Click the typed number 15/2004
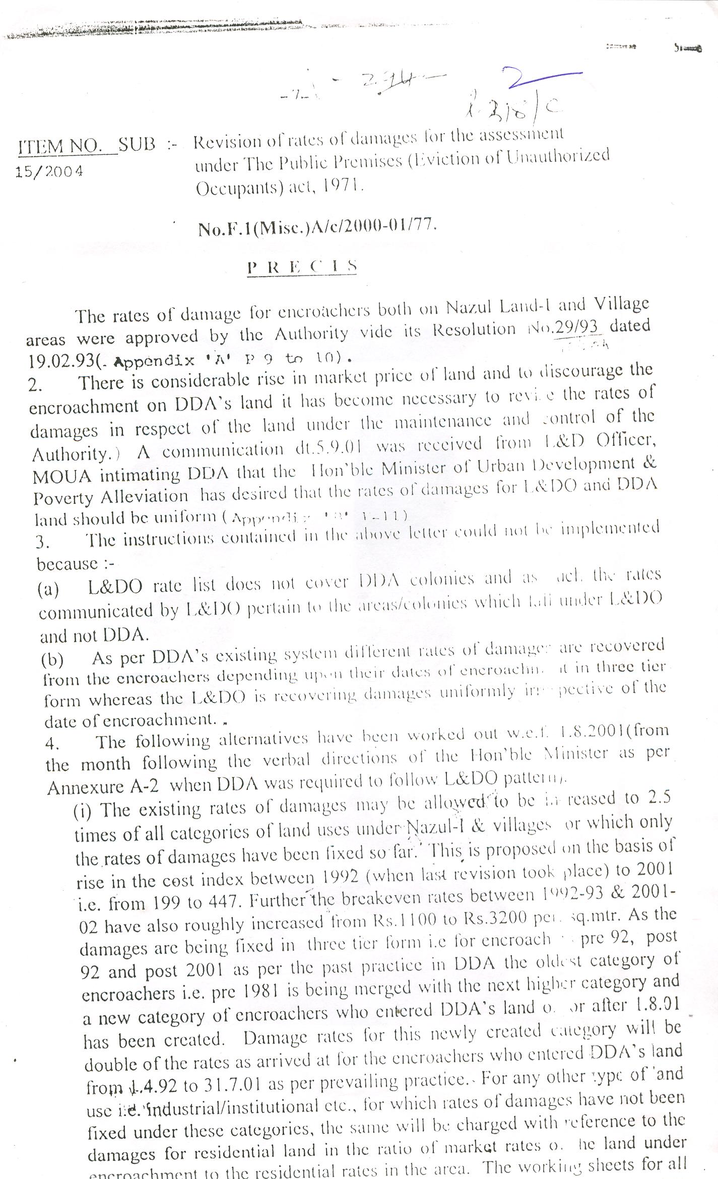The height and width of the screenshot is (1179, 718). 49,172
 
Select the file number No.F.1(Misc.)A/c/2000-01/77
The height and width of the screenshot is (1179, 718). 317,228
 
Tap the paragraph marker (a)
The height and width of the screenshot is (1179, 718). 48,589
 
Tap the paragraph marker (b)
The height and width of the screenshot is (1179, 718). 52,659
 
